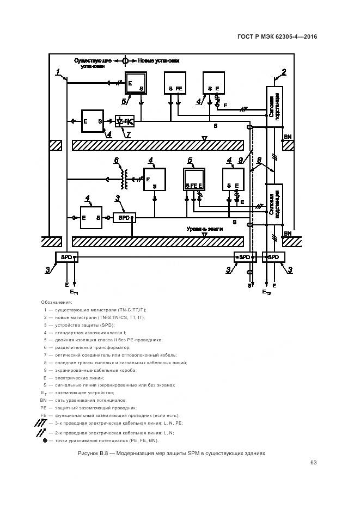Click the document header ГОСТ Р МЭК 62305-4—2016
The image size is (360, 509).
(x=277, y=37)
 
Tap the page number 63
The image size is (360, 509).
(x=314, y=463)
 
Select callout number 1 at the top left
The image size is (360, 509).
(x=57, y=71)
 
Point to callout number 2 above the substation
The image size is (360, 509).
(x=284, y=71)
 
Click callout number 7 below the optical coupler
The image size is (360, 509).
(x=129, y=134)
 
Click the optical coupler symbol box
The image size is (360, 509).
(x=125, y=121)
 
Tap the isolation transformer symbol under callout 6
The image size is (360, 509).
(x=125, y=178)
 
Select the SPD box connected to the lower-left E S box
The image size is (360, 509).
(x=125, y=218)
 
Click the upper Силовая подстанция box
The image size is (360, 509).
(x=274, y=106)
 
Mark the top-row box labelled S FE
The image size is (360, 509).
(x=175, y=82)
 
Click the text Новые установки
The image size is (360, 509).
(x=158, y=61)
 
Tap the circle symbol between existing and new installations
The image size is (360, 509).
(x=125, y=61)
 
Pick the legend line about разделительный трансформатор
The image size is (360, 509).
(x=93, y=347)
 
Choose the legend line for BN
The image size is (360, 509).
(x=90, y=400)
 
